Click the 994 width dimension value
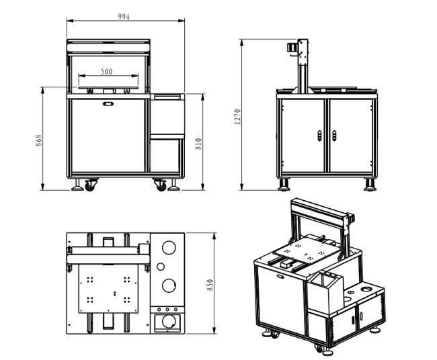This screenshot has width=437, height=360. [124, 17]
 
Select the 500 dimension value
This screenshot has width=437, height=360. [106, 72]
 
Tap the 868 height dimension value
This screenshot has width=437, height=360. [39, 140]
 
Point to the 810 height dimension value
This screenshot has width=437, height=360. [198, 144]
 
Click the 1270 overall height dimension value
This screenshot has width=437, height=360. [237, 117]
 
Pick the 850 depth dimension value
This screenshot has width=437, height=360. [210, 285]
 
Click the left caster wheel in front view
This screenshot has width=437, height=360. [89, 185]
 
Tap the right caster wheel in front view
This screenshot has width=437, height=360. [161, 185]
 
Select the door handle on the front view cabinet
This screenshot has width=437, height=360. [108, 104]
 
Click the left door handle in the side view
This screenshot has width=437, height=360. [319, 136]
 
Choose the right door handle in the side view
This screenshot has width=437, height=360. [334, 136]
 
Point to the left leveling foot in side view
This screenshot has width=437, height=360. [284, 185]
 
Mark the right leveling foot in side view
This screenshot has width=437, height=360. [370, 185]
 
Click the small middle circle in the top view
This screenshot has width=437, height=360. [161, 267]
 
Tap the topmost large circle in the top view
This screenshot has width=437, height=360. [169, 248]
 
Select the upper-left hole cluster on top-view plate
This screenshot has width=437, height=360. [89, 279]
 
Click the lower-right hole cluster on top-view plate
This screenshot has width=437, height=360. [127, 300]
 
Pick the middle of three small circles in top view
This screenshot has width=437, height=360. [167, 310]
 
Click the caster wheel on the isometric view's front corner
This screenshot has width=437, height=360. [319, 349]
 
